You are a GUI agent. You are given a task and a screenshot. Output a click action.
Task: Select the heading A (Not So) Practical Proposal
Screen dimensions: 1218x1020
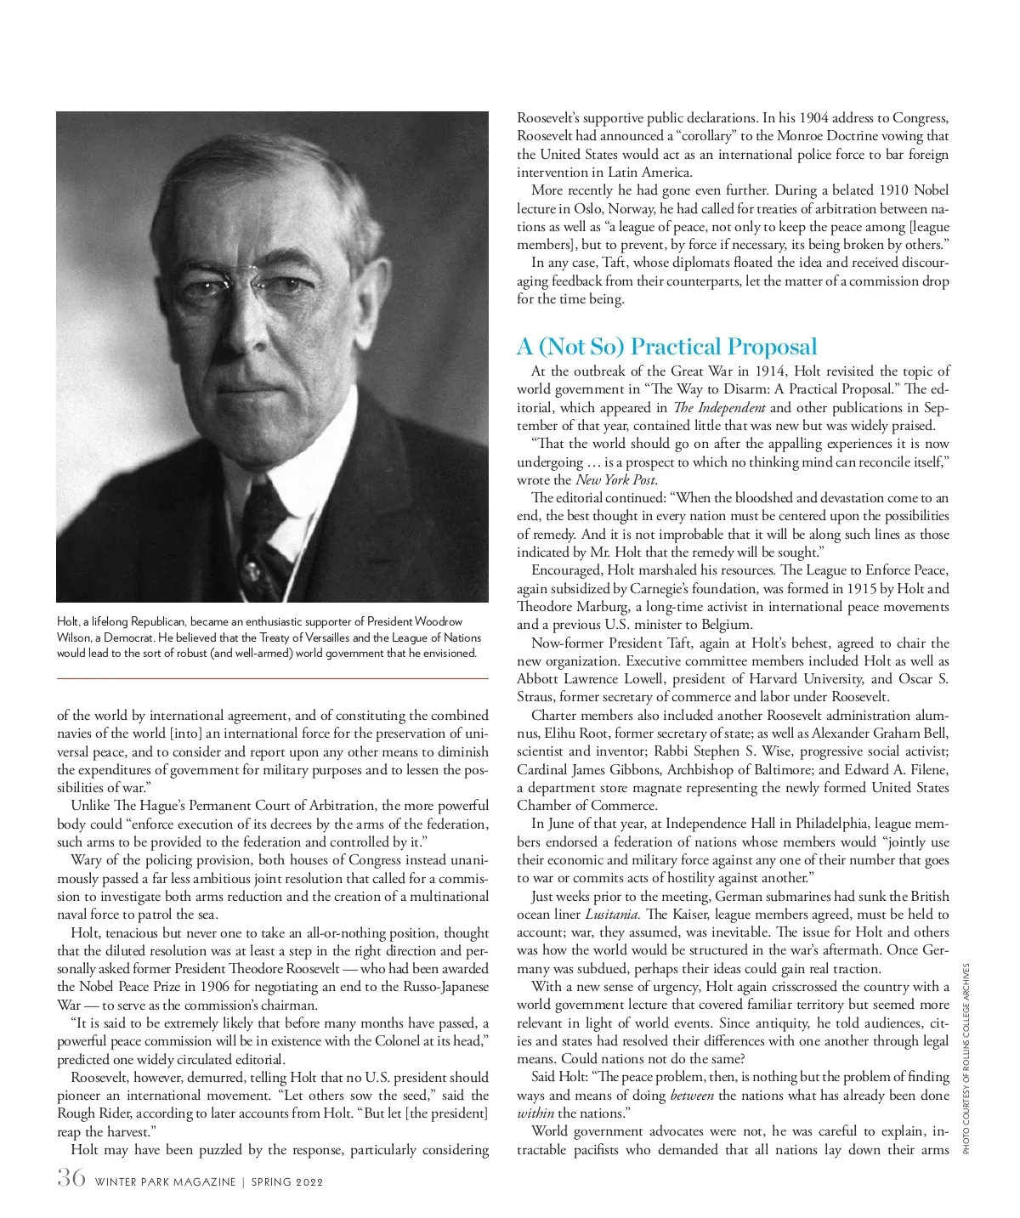click(666, 347)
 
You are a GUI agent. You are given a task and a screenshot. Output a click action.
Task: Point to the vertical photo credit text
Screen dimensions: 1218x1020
click(966, 1057)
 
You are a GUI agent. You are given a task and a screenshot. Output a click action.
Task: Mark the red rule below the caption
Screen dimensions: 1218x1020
click(272, 678)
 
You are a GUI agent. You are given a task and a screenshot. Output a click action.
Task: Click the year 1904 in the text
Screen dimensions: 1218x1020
click(816, 118)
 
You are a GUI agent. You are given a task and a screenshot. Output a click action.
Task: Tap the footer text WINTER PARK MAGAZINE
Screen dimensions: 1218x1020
click(165, 1181)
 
